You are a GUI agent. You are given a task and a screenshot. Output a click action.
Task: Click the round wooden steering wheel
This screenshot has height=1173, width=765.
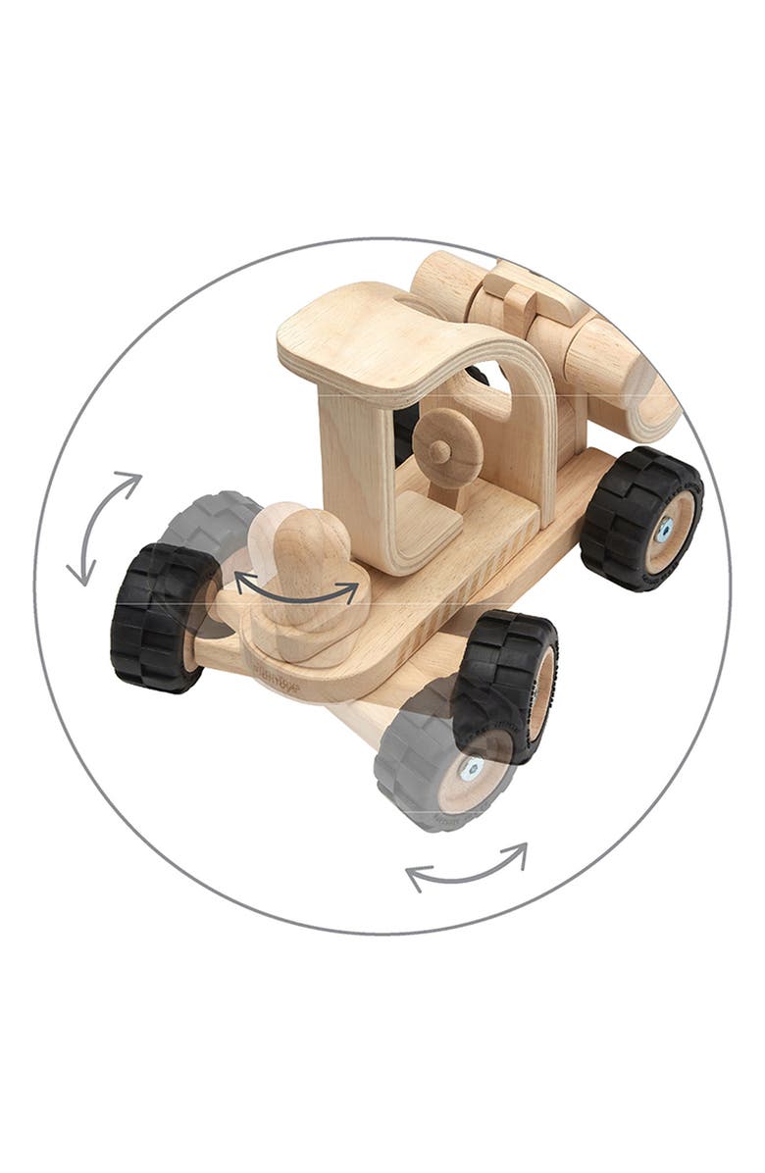click(x=447, y=448)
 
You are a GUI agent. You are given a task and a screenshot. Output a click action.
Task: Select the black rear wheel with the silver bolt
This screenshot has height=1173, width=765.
click(x=641, y=518)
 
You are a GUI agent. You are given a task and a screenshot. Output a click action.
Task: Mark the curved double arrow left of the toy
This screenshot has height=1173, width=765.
click(x=103, y=528)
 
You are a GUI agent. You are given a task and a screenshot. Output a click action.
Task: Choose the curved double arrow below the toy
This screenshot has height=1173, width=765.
click(x=467, y=867)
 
